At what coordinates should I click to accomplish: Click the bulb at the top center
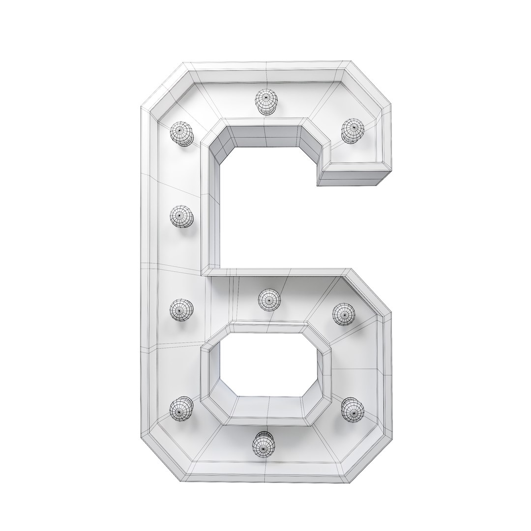266,101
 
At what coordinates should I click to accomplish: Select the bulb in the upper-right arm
352,130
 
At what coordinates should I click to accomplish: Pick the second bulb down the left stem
181,216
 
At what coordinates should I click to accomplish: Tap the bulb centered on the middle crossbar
269,299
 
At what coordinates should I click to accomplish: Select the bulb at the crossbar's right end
344,313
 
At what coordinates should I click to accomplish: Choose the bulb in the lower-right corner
352,409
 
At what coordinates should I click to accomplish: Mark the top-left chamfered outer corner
162,84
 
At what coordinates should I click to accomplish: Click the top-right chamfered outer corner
369,84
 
